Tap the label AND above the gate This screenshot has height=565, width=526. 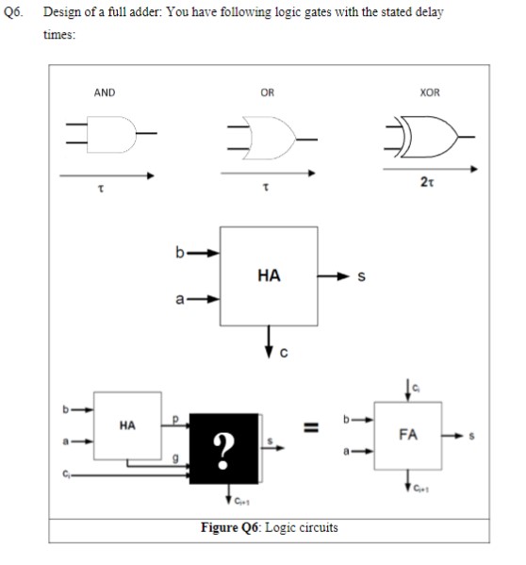click(x=104, y=91)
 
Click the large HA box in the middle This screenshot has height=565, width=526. click(x=268, y=275)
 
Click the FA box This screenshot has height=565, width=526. click(x=407, y=438)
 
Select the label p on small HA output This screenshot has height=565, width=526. click(x=175, y=418)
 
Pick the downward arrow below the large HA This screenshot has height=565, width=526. click(x=269, y=342)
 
